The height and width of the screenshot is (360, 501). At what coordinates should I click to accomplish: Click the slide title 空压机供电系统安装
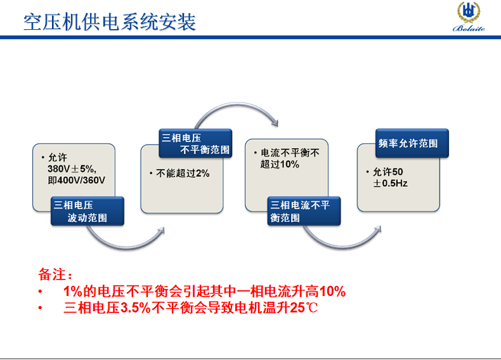(110, 22)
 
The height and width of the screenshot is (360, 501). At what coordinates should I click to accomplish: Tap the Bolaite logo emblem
(469, 12)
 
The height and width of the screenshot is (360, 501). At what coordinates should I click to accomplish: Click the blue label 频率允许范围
(412, 143)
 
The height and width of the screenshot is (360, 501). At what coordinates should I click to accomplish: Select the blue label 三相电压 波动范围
(88, 211)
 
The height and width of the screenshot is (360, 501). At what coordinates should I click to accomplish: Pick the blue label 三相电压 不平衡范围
(195, 143)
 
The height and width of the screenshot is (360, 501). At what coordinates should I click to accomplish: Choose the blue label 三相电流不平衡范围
(304, 211)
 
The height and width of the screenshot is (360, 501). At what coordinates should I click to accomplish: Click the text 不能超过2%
(183, 174)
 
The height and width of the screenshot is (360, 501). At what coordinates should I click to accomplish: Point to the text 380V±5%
(72, 169)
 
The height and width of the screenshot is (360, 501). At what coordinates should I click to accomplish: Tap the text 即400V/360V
(76, 180)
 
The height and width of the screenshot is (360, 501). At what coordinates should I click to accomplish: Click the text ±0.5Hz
(390, 183)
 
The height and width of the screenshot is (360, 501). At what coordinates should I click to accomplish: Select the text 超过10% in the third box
(280, 164)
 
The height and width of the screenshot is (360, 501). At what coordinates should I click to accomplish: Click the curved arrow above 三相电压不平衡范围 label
(236, 105)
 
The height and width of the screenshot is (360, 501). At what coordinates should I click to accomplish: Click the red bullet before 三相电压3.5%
(40, 308)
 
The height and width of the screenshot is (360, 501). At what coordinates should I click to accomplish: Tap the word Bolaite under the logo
(469, 29)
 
